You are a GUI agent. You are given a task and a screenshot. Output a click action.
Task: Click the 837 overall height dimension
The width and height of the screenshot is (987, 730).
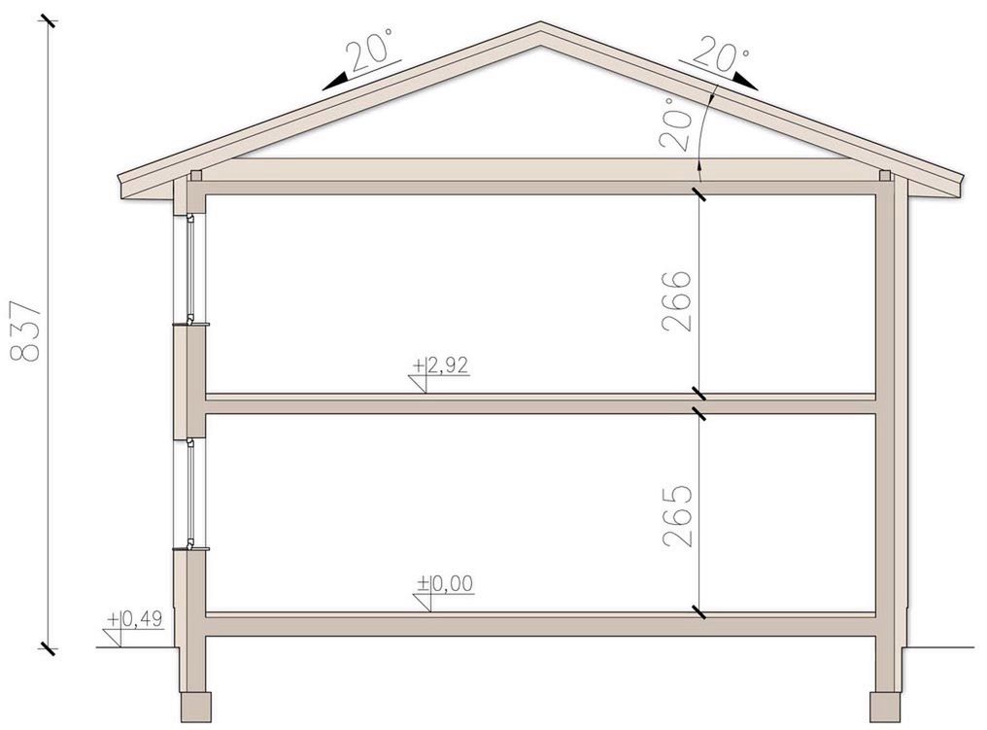point(26,330)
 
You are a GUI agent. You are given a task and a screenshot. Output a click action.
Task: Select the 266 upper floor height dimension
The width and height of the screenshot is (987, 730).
point(677,301)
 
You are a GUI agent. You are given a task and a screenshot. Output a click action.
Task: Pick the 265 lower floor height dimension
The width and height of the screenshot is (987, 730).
point(677,516)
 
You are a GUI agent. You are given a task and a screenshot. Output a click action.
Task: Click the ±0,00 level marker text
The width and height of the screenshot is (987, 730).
point(445,584)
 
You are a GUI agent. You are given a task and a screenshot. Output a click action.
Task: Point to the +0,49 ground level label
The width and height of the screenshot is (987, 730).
point(135,619)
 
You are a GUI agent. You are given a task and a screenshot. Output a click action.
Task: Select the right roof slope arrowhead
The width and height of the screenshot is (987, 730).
point(746,80)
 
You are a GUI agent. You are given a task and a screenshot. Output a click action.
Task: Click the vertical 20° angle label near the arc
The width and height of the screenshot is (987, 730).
point(677,122)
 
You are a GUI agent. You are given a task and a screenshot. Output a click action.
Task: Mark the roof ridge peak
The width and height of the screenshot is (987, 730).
point(540,23)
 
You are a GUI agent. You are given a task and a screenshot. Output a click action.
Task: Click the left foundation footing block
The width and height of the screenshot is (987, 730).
point(196,708)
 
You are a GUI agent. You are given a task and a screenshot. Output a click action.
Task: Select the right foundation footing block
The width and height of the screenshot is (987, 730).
point(886,708)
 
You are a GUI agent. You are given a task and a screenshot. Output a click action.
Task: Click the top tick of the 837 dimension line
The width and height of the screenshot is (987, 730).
point(49,24)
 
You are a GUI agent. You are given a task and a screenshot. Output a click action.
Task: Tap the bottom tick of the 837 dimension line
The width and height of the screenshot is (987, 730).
point(48,648)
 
